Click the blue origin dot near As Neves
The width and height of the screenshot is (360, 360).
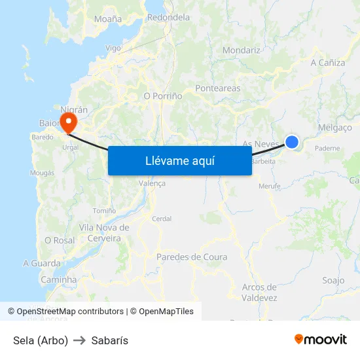click(x=292, y=142)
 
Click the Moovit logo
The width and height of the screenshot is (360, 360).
click(x=321, y=340)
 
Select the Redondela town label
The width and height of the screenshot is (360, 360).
click(x=168, y=18)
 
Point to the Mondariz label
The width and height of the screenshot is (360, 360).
click(x=242, y=50)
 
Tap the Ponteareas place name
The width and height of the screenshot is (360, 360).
click(x=218, y=88)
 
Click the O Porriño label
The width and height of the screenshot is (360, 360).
click(x=162, y=96)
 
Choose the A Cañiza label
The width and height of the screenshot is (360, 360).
click(x=327, y=63)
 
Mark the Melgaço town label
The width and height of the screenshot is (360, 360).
click(x=334, y=128)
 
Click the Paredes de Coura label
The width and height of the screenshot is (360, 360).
click(x=192, y=257)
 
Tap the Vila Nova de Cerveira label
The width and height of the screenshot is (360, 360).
click(x=104, y=233)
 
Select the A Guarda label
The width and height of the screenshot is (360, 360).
click(x=41, y=263)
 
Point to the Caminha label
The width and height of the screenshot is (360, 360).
click(x=59, y=279)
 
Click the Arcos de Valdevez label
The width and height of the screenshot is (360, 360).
click(x=259, y=293)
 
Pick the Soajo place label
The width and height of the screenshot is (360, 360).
click(x=333, y=280)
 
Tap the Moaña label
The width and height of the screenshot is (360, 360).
click(x=108, y=19)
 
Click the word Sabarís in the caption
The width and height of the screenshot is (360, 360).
click(x=110, y=340)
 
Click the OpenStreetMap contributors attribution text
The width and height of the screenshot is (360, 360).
click(x=70, y=312)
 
